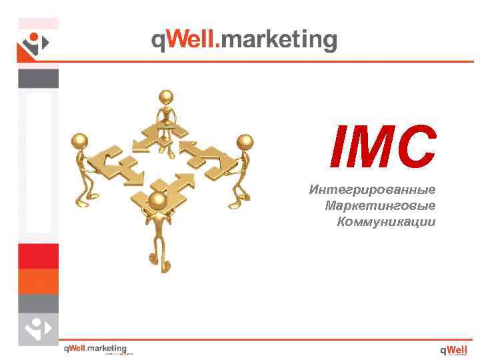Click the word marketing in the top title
click(x=279, y=40)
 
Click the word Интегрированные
click(x=372, y=190)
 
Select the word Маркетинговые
click(x=380, y=205)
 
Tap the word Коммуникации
click(x=386, y=221)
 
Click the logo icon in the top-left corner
click(x=33, y=45)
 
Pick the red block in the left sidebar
click(x=38, y=256)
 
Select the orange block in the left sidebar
click(x=38, y=281)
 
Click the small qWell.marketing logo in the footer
click(x=95, y=349)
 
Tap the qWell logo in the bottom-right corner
click(x=453, y=349)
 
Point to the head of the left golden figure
click(x=80, y=141)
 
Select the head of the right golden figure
click(x=245, y=142)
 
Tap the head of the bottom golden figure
click(x=157, y=199)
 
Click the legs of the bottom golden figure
click(x=157, y=250)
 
